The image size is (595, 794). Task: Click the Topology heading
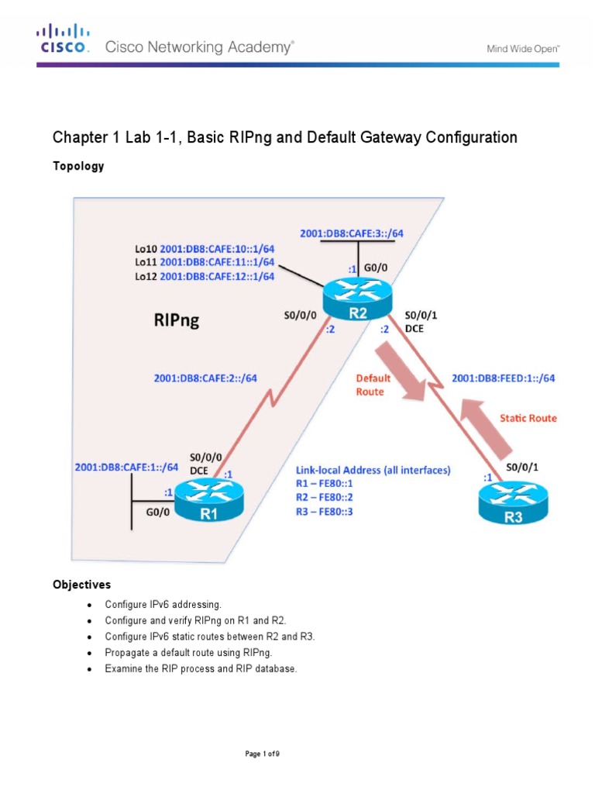77,166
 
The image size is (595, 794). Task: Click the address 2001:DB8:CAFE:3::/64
351,233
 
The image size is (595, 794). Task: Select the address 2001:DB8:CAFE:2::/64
205,378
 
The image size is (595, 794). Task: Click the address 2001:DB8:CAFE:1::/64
126,468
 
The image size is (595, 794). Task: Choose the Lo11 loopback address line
205,263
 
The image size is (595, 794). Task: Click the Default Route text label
373,385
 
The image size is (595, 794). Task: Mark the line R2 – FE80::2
325,498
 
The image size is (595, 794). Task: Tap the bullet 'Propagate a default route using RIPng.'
190,652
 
